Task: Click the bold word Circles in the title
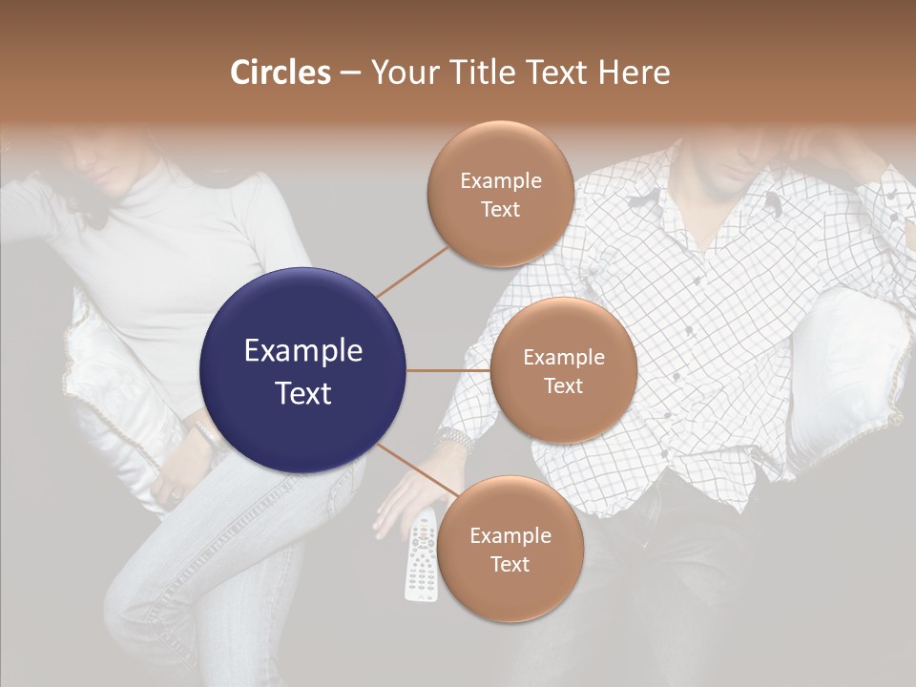click(x=280, y=73)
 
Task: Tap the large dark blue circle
click(x=302, y=370)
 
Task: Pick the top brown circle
click(x=500, y=194)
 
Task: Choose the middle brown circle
click(x=563, y=370)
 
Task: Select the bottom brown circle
click(x=510, y=549)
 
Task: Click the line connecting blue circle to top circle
click(x=412, y=271)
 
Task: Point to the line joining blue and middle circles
click(x=448, y=370)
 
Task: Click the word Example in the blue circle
click(x=302, y=351)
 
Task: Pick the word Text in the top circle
click(x=500, y=209)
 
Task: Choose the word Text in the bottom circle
click(x=510, y=564)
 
